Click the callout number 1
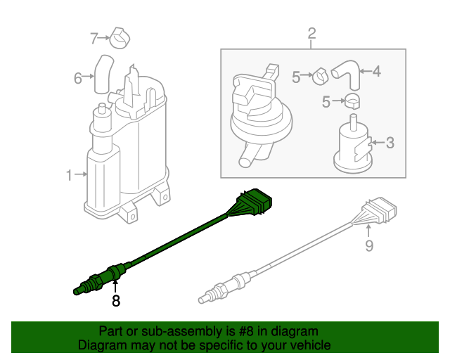tap(69, 175)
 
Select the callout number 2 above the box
tap(311, 33)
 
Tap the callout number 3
tap(390, 143)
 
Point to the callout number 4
tap(377, 71)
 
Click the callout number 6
tap(78, 78)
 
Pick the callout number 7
tap(94, 39)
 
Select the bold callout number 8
tap(115, 301)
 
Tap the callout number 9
tap(369, 245)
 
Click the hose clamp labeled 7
tap(120, 38)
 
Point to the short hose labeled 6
tap(103, 74)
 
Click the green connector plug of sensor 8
tap(254, 202)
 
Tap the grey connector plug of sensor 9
tap(380, 211)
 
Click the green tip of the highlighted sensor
tap(77, 291)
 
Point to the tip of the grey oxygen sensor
tap(202, 300)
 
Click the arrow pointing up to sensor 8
tap(115, 286)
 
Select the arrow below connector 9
tap(368, 231)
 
